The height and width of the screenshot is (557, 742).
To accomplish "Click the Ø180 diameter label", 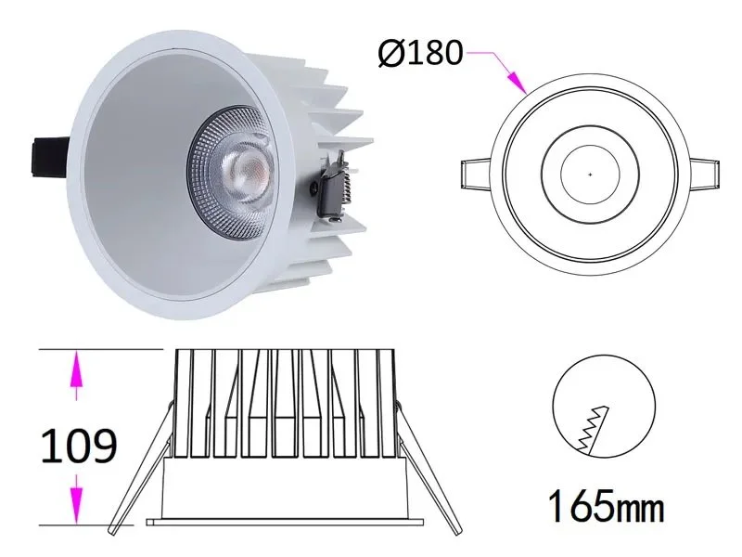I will click(x=419, y=53).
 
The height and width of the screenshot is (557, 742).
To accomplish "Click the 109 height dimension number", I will click(x=79, y=447).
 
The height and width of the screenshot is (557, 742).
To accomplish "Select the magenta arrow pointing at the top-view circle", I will click(x=513, y=80).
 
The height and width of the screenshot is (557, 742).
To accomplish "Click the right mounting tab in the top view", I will click(x=704, y=174).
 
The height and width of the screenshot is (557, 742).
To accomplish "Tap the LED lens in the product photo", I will click(x=249, y=169).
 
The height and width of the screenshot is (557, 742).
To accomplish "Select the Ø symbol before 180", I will click(x=391, y=53).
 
